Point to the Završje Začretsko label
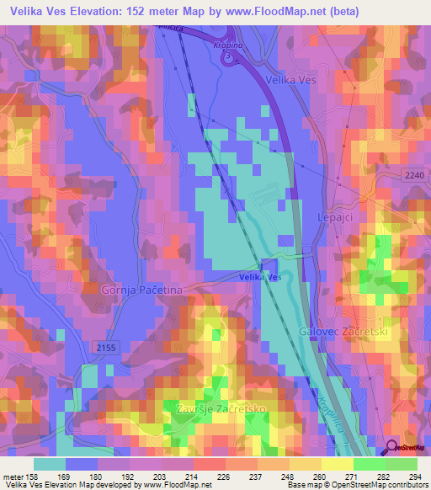click(x=221, y=408)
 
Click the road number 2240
click(x=412, y=173)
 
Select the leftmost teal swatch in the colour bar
click(x=50, y=464)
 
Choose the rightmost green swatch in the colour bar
click(x=402, y=464)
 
